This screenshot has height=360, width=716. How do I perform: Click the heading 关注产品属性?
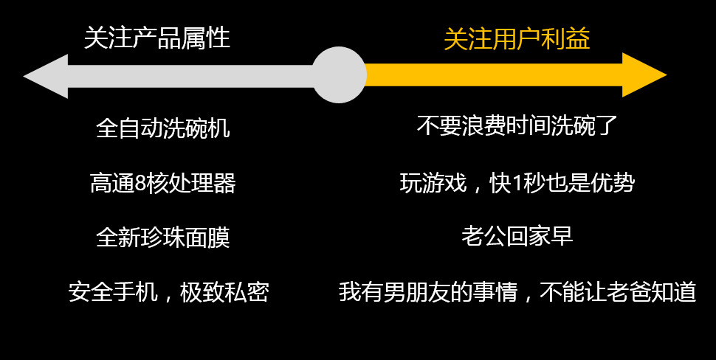(x=157, y=38)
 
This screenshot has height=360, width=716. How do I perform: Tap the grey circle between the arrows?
(x=339, y=75)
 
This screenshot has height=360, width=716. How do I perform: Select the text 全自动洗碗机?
(x=163, y=128)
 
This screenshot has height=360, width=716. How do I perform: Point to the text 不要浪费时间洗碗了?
(x=517, y=126)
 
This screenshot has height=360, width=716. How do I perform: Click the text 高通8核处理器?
(x=163, y=183)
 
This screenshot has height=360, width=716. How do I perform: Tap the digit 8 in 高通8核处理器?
(x=140, y=183)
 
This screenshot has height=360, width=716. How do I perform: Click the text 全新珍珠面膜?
(x=163, y=238)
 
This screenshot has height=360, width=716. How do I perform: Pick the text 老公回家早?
(x=517, y=237)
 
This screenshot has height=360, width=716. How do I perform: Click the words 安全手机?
(x=113, y=292)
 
